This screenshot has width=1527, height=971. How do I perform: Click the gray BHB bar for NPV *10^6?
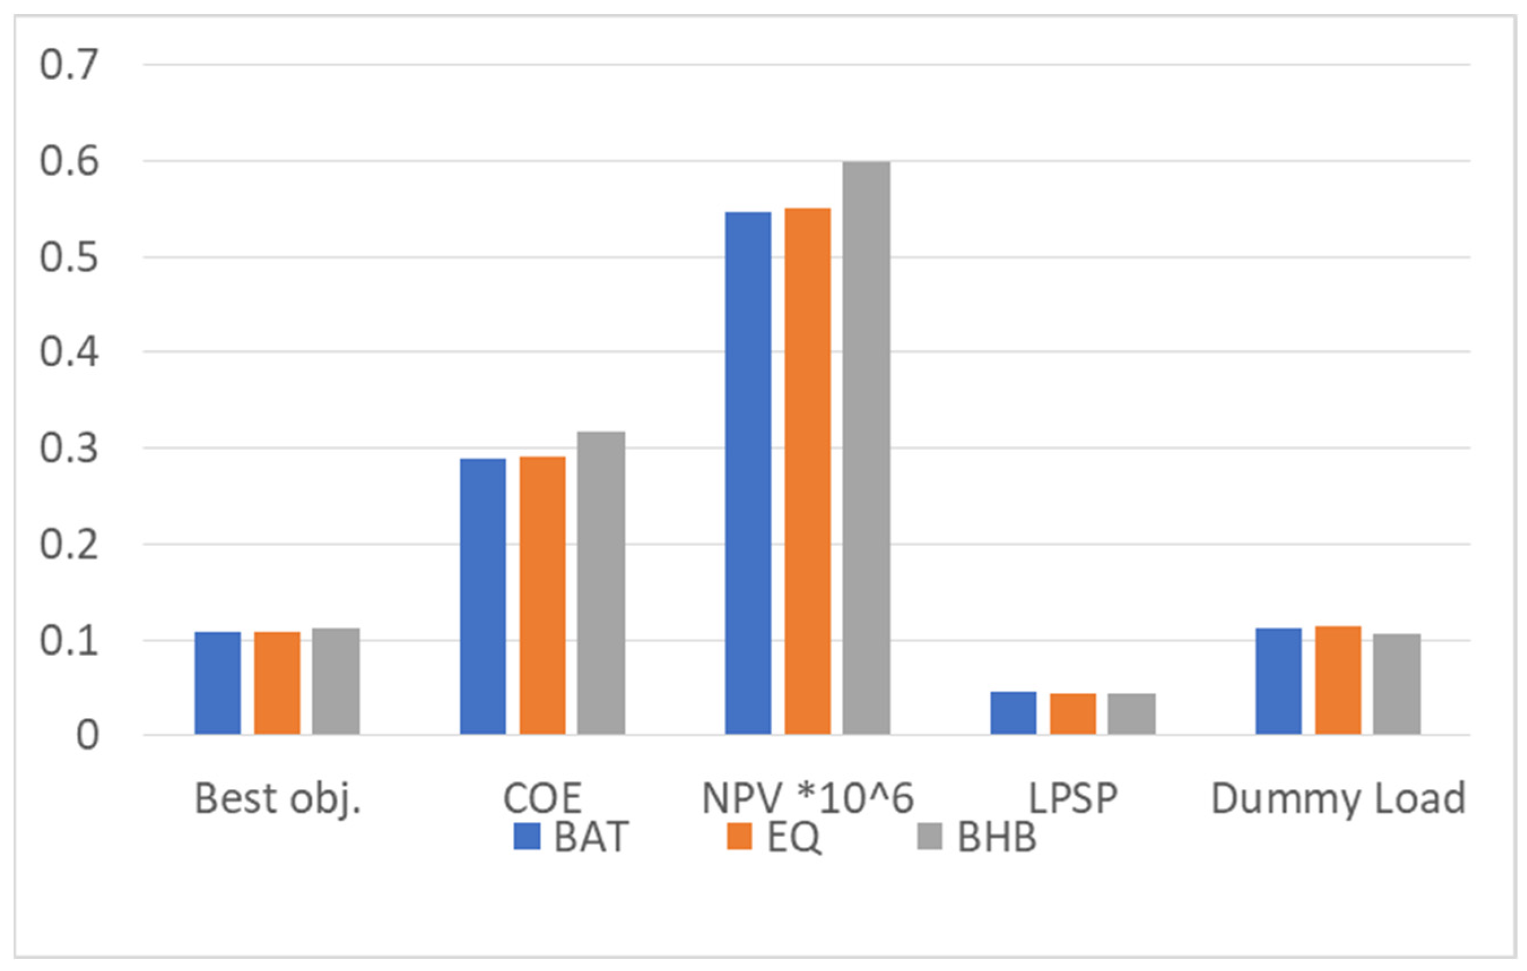pos(866,448)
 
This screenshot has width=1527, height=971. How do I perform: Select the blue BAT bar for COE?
pos(483,596)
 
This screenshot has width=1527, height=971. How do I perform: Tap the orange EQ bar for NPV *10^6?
pos(807,471)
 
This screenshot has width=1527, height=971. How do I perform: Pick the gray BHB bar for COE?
pos(601,583)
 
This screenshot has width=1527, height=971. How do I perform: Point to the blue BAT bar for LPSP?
pos(1013,713)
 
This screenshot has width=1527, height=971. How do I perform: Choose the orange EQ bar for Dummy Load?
pos(1338,680)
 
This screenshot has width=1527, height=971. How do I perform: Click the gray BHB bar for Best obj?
pos(336,681)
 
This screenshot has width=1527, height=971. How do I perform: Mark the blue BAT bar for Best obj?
pos(217,683)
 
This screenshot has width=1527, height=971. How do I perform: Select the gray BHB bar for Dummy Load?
pos(1397,683)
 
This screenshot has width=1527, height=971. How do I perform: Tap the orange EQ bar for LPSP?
pos(1073,714)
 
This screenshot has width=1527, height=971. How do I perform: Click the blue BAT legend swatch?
pos(527,836)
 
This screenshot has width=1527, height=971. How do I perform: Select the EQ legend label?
pos(794,837)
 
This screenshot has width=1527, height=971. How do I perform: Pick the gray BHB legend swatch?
pos(930,836)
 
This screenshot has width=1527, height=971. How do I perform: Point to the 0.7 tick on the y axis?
pos(69,65)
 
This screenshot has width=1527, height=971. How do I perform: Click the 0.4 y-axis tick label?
pos(69,352)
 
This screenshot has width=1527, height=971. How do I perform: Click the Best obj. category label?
pos(278,799)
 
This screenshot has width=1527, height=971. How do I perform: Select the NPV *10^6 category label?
pos(807,799)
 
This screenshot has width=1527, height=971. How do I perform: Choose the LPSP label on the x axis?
pos(1073,799)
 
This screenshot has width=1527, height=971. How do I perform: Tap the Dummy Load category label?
pos(1338,799)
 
